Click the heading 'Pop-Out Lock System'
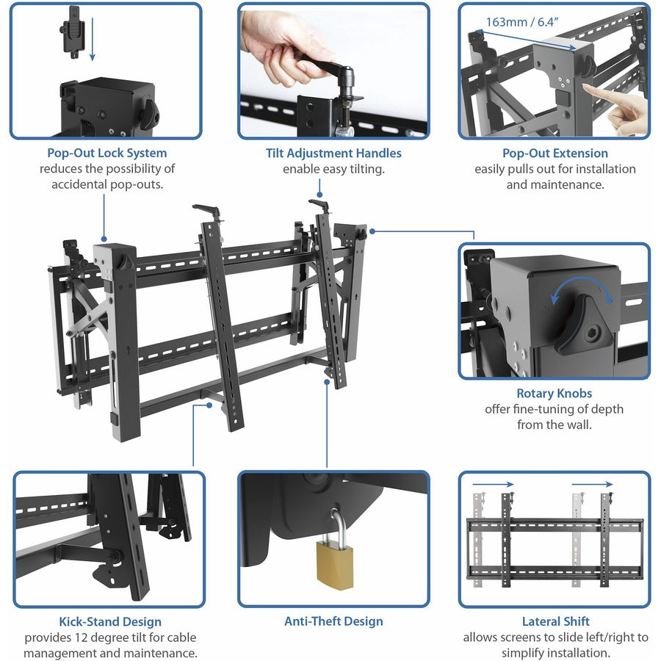(106, 153)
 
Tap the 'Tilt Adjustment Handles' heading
(333, 153)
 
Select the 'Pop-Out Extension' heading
(555, 153)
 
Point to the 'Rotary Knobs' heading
(555, 394)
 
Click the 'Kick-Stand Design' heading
(110, 622)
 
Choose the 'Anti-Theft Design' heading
(333, 621)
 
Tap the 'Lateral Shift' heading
(555, 621)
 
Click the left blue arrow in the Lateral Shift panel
(493, 484)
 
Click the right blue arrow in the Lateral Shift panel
(592, 484)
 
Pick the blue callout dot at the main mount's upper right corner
(373, 231)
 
